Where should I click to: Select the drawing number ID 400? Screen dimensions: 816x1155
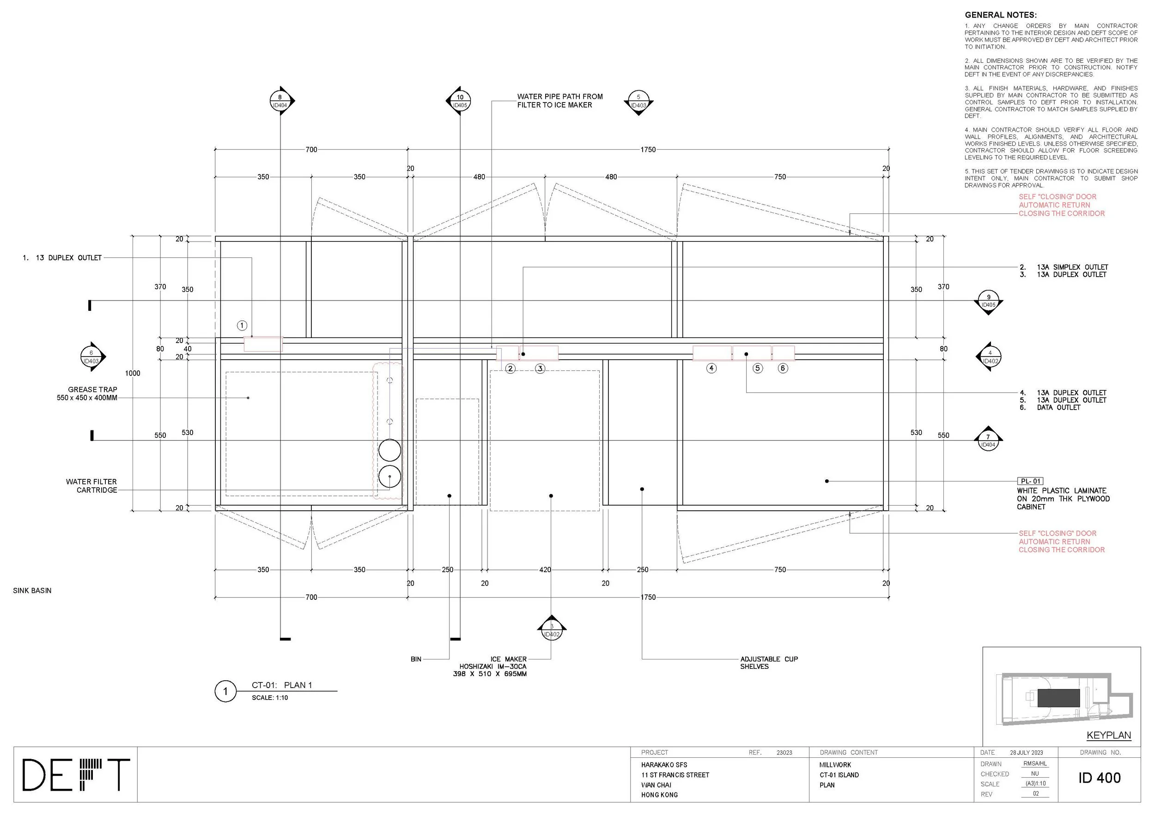click(x=1099, y=778)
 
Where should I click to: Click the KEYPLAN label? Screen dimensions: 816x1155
click(x=1109, y=735)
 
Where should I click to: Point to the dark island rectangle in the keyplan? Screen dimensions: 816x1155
click(x=1058, y=698)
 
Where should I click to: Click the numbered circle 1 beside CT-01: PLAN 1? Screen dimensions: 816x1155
click(x=225, y=691)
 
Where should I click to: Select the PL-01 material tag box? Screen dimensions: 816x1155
click(x=1030, y=481)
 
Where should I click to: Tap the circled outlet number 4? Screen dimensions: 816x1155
click(x=711, y=368)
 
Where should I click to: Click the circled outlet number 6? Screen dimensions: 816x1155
click(x=783, y=368)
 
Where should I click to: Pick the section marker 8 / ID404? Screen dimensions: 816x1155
click(x=280, y=101)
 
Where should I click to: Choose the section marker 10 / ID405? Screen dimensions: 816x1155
click(x=460, y=101)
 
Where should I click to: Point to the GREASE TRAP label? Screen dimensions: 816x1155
click(x=92, y=390)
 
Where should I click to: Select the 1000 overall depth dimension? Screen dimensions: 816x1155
click(x=133, y=373)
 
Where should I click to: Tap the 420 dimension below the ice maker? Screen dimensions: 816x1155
click(x=545, y=570)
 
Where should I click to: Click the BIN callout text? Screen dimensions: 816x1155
click(x=416, y=659)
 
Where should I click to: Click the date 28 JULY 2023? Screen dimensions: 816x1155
click(x=1026, y=753)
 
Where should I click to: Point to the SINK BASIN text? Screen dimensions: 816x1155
click(x=32, y=591)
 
